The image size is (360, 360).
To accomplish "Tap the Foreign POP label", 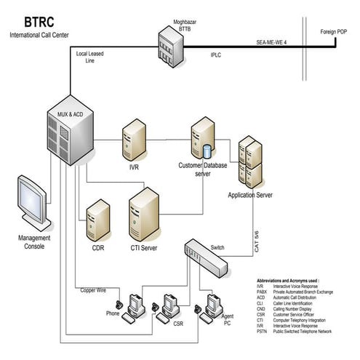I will (335, 33).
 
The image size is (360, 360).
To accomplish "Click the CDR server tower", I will (97, 222).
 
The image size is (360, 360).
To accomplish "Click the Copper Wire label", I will (94, 289).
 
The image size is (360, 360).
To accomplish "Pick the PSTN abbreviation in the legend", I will (263, 331).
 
